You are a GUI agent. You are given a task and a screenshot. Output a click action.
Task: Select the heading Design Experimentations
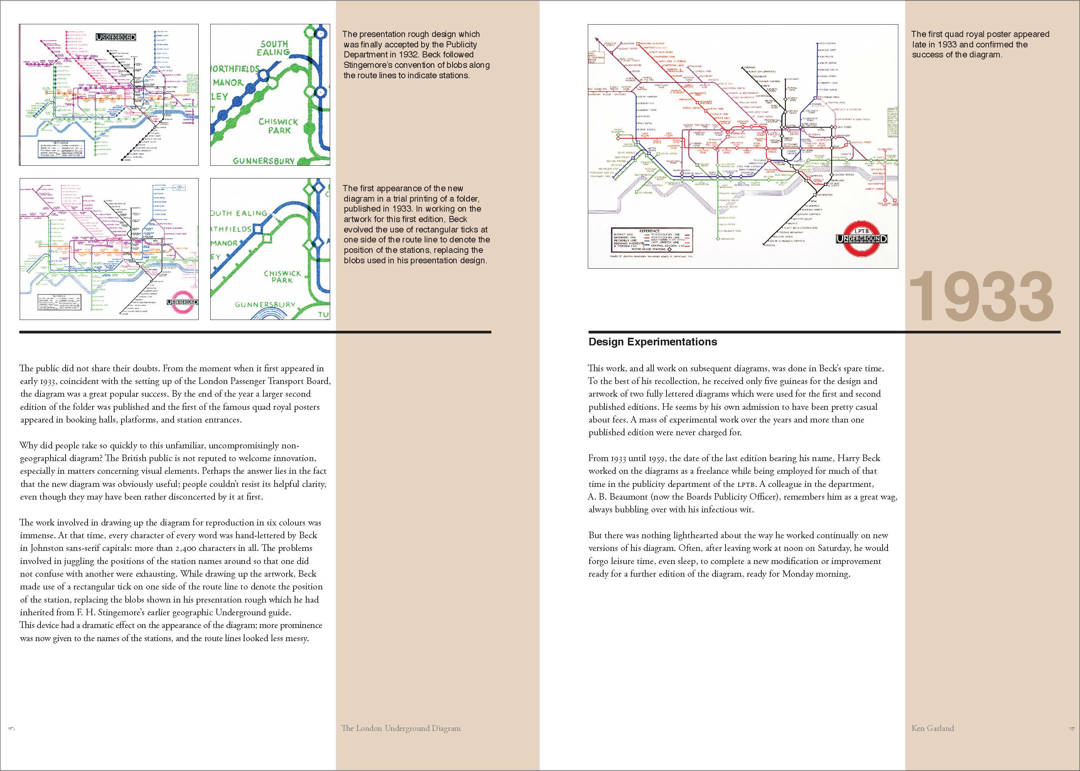[x=653, y=342]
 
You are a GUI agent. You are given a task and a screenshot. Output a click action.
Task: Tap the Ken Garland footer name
[x=932, y=728]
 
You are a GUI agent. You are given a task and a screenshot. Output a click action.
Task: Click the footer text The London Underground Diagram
[x=400, y=728]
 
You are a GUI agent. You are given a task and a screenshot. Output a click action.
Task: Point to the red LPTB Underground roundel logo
[x=862, y=238]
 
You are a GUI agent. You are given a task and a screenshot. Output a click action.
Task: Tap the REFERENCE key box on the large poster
[x=651, y=240]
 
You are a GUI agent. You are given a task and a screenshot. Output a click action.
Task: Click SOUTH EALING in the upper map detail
[x=273, y=47]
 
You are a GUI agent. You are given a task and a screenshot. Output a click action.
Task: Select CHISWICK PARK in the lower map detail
[x=282, y=276]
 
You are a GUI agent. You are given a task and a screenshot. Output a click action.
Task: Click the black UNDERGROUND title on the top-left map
[x=116, y=37]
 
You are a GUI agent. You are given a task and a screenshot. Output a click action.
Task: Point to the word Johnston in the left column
[x=47, y=548]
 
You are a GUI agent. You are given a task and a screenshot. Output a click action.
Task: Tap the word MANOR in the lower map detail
[x=224, y=243]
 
